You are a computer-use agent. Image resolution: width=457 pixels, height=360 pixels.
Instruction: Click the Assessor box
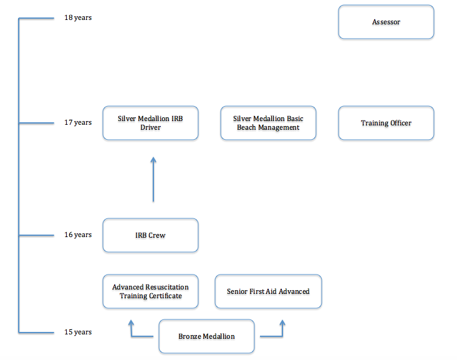coord(386,22)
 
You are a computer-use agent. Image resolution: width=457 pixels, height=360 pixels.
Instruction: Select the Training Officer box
coord(386,123)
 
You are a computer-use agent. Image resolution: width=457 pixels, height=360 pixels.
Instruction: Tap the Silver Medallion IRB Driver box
coord(150,123)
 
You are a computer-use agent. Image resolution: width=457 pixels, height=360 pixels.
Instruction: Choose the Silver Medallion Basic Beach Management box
coord(268,123)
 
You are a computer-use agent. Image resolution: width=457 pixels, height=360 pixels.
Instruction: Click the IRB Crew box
coord(150,235)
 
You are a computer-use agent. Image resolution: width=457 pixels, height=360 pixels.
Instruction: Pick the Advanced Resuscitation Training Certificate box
coord(150,291)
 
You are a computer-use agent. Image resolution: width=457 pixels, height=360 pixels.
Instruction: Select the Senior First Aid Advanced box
coord(268,291)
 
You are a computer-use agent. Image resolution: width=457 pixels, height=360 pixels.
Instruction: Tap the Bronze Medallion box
coord(206,336)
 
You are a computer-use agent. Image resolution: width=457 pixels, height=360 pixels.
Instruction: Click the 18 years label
coord(78,18)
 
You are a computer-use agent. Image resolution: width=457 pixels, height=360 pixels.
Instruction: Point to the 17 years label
coord(78,122)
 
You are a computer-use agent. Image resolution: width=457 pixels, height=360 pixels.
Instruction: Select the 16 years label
coord(78,235)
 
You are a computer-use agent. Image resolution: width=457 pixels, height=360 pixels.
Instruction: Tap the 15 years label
coord(78,332)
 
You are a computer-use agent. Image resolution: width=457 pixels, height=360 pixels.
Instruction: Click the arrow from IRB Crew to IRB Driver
coord(153,180)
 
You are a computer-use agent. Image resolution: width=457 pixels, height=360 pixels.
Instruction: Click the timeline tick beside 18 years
coord(36,18)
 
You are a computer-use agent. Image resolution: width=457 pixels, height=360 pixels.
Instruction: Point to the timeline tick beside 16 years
coord(36,235)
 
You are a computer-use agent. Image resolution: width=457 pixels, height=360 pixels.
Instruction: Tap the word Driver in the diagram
coord(150,127)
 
